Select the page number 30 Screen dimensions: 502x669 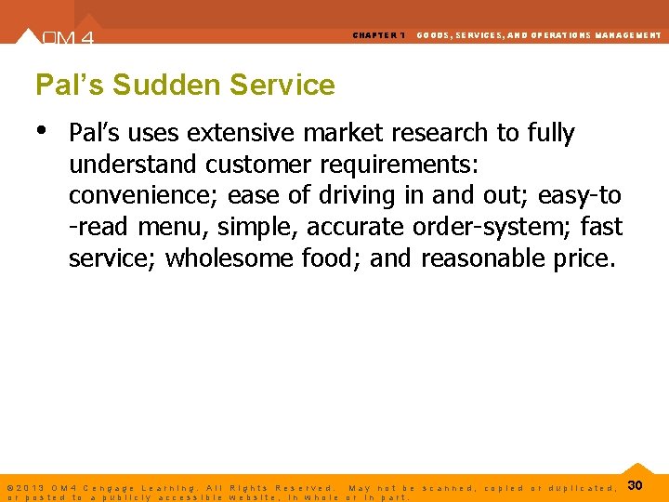(636, 485)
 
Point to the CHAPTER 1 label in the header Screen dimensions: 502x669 (378, 35)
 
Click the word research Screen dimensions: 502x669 (423, 133)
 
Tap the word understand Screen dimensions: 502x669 (133, 165)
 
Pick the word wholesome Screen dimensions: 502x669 (230, 258)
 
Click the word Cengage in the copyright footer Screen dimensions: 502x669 (109, 488)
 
